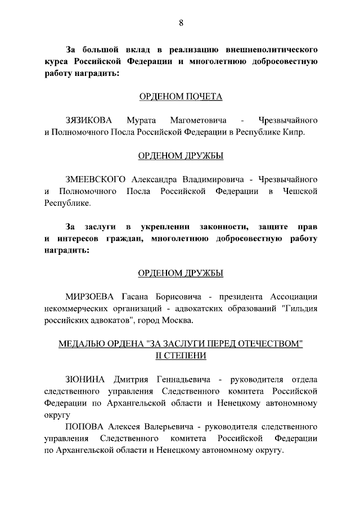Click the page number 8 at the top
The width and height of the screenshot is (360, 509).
click(x=181, y=23)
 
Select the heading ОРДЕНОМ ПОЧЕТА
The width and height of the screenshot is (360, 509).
click(x=181, y=97)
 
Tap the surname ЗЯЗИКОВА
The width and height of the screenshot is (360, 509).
click(x=89, y=121)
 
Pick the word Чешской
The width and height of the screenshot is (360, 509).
click(x=299, y=192)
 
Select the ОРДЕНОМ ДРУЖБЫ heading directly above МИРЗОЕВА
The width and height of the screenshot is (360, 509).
click(x=181, y=273)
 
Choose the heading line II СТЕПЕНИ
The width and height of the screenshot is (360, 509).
click(x=181, y=355)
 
